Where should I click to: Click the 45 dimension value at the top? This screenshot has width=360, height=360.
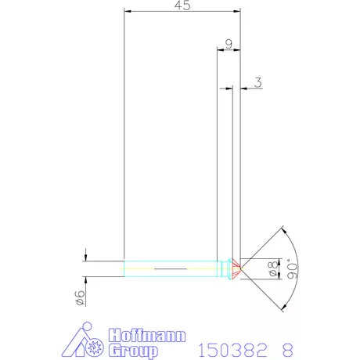pos(182,5)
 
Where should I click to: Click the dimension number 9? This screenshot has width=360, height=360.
pos(228,44)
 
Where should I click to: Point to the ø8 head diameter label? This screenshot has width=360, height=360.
pos(273,268)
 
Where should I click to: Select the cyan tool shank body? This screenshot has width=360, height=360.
pos(172,268)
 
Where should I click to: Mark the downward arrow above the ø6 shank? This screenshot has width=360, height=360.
pos(85,256)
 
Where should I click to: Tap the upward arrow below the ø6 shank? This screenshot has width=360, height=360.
pos(85,279)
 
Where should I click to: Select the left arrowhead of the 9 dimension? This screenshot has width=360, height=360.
pos(220,50)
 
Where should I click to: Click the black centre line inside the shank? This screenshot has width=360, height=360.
pos(172,268)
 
